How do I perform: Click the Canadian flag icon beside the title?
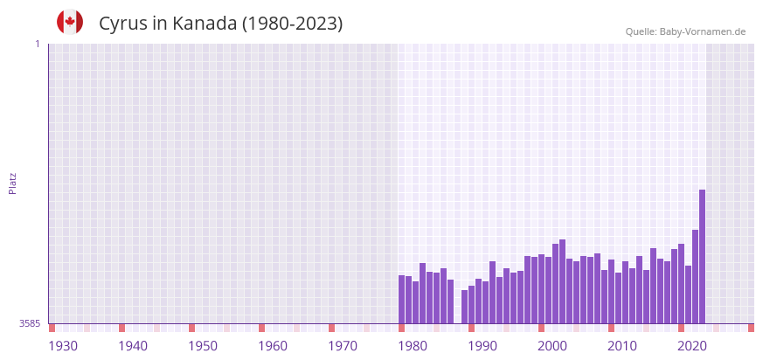coord(70,23)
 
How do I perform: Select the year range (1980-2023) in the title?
coord(293,24)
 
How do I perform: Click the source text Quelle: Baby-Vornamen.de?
coord(685,31)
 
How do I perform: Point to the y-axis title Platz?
coord(12,183)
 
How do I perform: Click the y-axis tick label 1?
coord(37,44)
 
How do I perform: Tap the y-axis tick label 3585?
coord(30,323)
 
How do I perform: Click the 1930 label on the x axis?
coord(63,346)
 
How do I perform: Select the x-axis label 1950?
coord(203,346)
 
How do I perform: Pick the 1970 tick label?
coord(343,346)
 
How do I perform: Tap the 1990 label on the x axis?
coord(482,346)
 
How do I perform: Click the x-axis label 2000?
coord(552,346)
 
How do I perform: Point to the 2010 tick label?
coord(622,346)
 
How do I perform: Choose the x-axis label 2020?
coord(692,346)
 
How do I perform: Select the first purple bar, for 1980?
coord(401,299)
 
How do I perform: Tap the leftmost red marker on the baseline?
coord(52,328)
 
